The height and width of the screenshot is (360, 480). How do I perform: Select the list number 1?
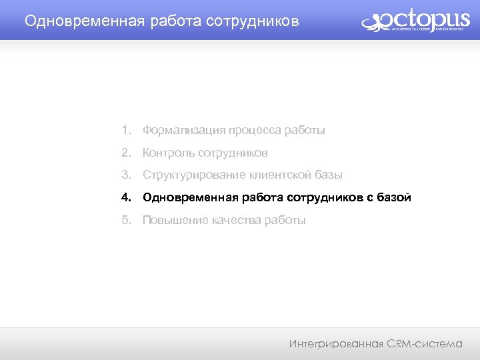pos(126,131)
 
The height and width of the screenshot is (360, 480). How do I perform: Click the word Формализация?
pos(183,131)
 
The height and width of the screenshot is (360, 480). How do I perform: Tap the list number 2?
pos(126,153)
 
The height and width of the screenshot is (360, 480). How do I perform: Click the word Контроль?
pos(168,153)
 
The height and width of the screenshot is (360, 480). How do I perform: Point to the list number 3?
pos(126,175)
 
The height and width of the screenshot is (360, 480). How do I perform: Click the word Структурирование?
pos(194,175)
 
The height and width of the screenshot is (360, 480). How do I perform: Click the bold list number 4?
pos(126,198)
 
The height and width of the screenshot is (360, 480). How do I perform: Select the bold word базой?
pos(394,198)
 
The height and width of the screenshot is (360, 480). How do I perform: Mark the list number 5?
pos(126,220)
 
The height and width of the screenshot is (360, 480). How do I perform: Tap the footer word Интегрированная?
pos(336,344)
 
